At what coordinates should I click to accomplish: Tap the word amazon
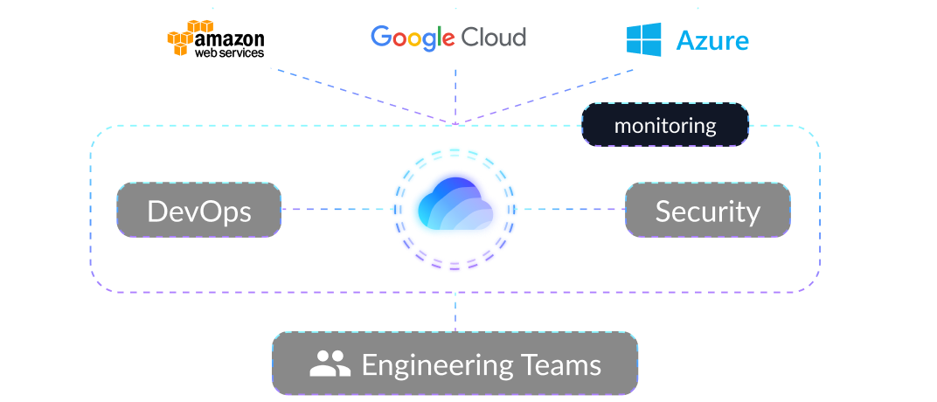coord(229,38)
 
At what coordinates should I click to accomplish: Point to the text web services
coord(229,53)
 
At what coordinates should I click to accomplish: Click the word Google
coord(413,37)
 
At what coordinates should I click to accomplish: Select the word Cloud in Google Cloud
coord(494,37)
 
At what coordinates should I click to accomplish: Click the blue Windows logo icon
coord(644,39)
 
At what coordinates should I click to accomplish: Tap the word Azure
coord(712,40)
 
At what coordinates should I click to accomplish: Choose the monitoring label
coord(665,125)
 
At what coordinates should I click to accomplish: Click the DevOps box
coord(199,211)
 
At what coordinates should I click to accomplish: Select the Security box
coord(708,211)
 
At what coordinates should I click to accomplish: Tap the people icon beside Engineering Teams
coord(330,364)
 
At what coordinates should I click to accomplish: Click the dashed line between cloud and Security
coord(573,210)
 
